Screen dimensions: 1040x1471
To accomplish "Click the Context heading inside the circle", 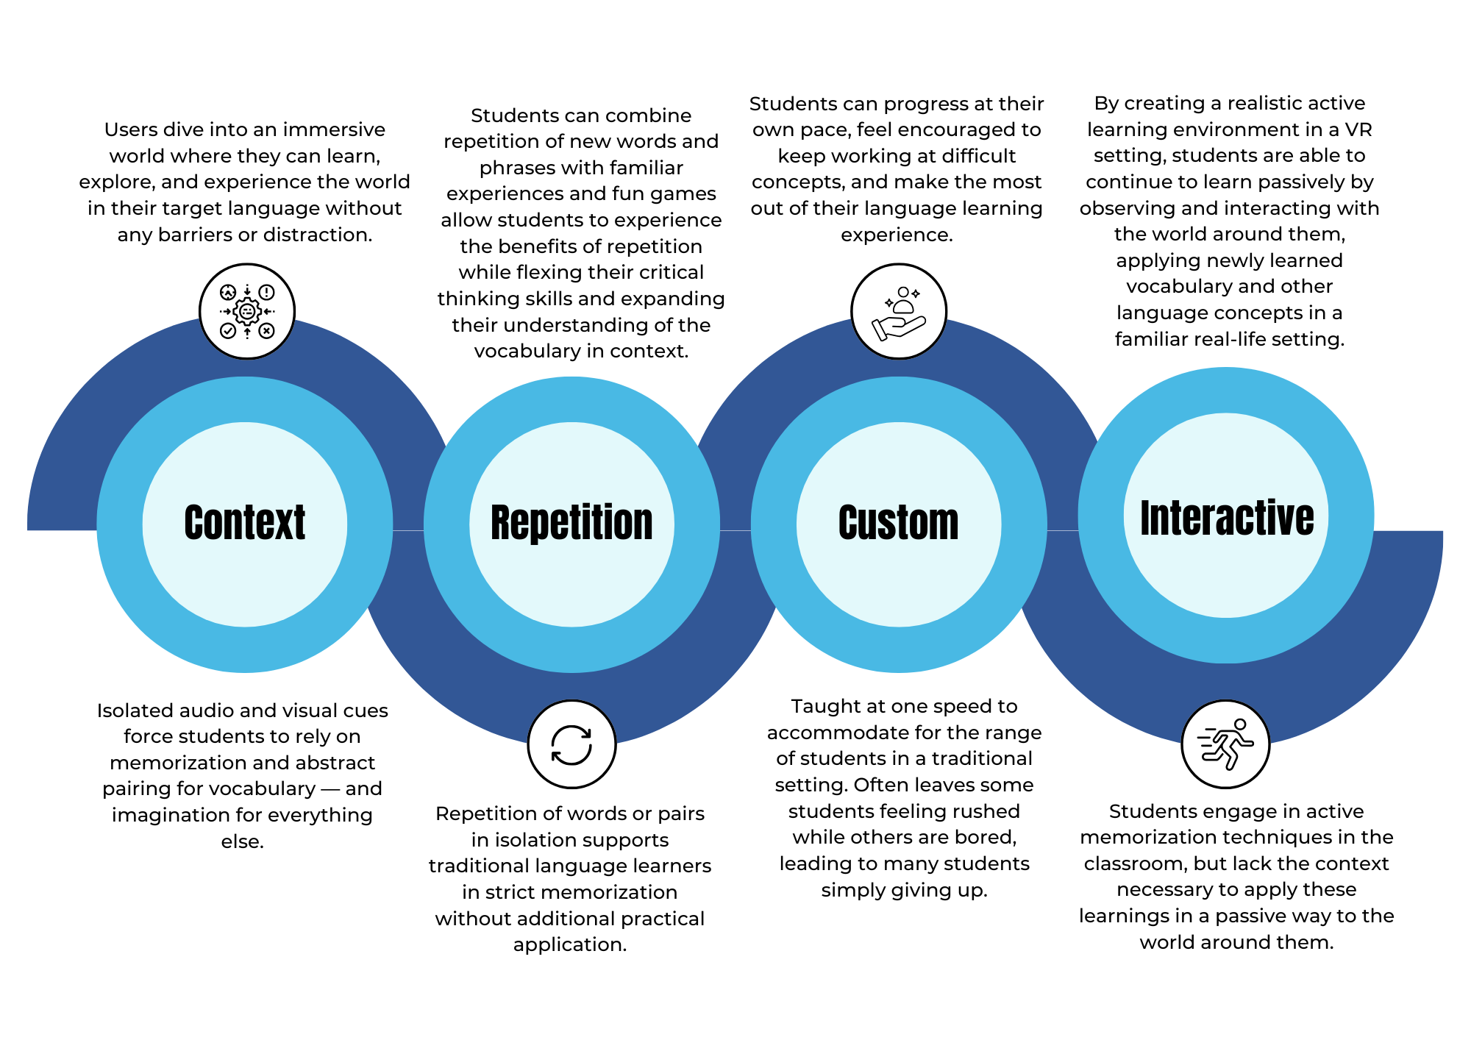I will click(x=244, y=523).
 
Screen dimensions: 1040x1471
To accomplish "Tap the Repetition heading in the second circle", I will click(x=571, y=523).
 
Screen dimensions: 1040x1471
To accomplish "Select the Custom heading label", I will click(x=898, y=523).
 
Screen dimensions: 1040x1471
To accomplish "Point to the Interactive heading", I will click(x=1226, y=518).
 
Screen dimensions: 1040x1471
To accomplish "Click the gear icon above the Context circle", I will click(x=247, y=311).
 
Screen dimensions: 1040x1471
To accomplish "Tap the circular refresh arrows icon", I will click(x=571, y=744).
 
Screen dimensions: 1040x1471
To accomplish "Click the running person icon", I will click(x=1225, y=744).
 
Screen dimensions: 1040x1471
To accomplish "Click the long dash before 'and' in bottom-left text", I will click(x=330, y=789).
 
